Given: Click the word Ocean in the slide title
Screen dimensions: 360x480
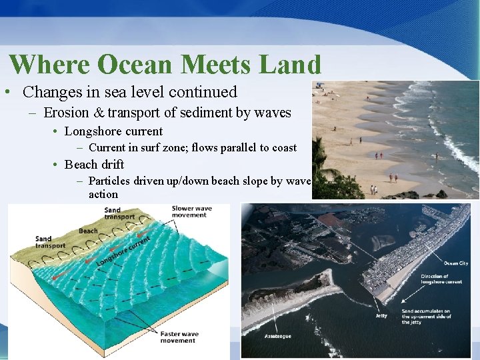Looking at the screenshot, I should click(x=130, y=65).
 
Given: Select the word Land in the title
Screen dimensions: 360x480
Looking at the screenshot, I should click(x=289, y=65).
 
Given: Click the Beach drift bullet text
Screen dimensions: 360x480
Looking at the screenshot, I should click(x=94, y=164).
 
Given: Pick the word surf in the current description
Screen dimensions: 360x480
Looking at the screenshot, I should click(x=157, y=147).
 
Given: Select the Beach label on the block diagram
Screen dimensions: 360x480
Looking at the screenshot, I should click(x=88, y=231).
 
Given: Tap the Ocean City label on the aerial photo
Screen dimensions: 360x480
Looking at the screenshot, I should click(x=456, y=263).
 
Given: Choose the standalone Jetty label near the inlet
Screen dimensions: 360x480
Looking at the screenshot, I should click(x=381, y=315).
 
